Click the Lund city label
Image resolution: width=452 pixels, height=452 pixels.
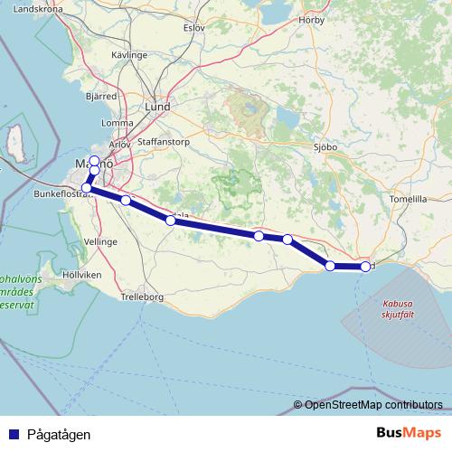tap(157, 106)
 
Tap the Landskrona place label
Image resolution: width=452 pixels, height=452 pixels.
tap(38, 10)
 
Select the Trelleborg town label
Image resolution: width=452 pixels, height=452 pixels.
tap(139, 296)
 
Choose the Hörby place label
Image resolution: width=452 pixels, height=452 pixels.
tap(313, 19)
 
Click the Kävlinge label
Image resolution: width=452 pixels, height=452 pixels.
tap(129, 55)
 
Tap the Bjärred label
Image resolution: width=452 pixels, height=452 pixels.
tap(100, 94)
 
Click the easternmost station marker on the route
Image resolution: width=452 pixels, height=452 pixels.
tap(365, 267)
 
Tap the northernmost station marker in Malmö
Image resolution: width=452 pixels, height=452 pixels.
tap(94, 159)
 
